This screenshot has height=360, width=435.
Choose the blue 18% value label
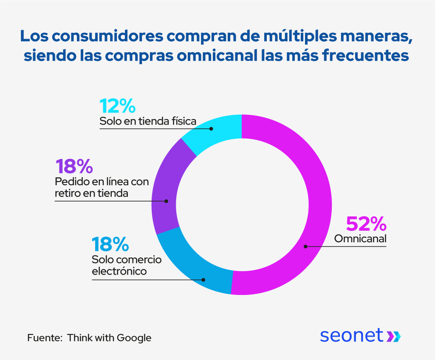click(110, 245)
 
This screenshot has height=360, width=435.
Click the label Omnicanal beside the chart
click(360, 239)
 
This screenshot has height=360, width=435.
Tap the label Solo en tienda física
click(148, 122)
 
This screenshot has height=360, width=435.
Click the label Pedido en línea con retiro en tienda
click(102, 188)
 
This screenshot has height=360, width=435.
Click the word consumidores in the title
click(107, 36)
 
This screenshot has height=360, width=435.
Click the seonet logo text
click(351, 335)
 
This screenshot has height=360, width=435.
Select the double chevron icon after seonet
click(393, 336)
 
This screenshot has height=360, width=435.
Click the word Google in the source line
click(134, 338)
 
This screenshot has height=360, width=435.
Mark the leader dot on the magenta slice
click(305, 246)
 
